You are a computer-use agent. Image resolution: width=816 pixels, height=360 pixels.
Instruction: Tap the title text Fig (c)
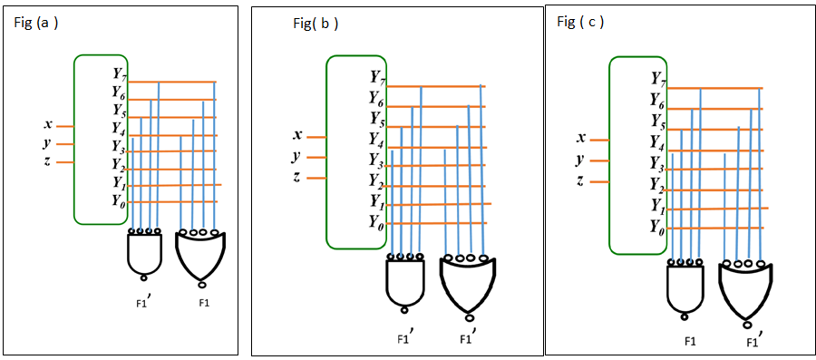click(580, 22)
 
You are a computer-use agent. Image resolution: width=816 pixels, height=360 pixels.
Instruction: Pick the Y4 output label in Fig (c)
click(658, 141)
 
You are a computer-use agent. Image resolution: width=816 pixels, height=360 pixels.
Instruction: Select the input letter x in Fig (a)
click(46, 125)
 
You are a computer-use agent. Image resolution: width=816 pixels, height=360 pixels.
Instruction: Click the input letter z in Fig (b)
click(296, 176)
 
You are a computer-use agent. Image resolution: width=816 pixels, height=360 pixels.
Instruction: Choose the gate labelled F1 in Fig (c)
click(690, 288)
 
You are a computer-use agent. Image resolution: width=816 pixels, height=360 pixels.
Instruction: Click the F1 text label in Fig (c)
click(690, 341)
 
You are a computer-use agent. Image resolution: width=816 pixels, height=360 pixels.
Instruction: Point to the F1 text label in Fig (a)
click(204, 301)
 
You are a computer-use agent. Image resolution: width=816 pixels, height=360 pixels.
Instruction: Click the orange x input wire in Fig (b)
click(316, 137)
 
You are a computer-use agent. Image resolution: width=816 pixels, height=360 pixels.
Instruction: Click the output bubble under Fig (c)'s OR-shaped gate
click(747, 324)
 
